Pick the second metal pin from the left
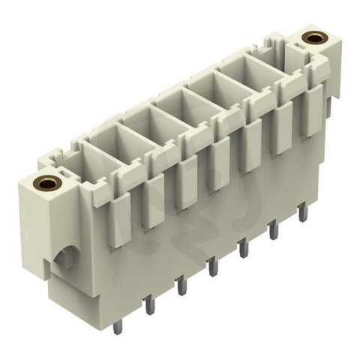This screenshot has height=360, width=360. pyautogui.click(x=179, y=285)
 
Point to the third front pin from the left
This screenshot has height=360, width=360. pyautogui.click(x=212, y=266)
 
